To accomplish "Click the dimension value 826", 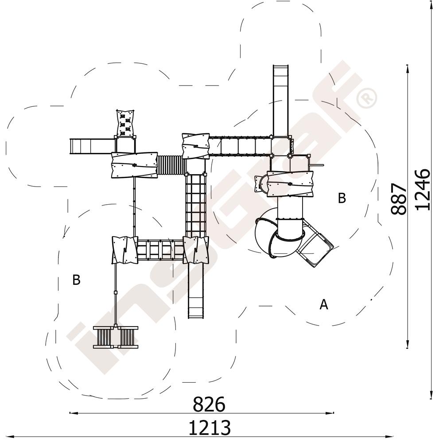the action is tap(209, 404).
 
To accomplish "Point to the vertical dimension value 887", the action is tap(399, 199).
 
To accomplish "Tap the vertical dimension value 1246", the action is tap(423, 190).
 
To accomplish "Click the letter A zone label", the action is tap(324, 305).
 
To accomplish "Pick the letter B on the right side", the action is tap(342, 198).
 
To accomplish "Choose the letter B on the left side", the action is tap(76, 280).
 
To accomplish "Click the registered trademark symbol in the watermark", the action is tap(366, 98).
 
